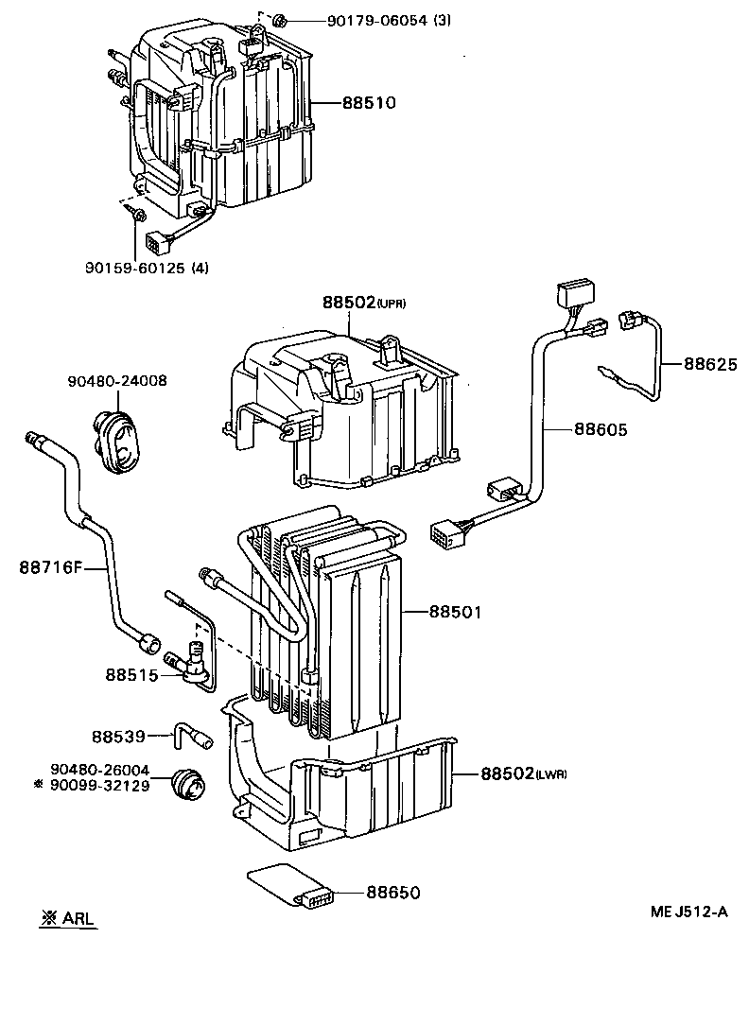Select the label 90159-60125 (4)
point(147,268)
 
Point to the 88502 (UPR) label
point(363,303)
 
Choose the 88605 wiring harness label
point(600,429)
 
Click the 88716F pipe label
point(51,567)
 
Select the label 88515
point(131,674)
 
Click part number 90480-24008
point(117,381)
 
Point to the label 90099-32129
point(100,786)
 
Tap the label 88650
point(393,892)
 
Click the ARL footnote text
point(72,918)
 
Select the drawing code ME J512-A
point(688,912)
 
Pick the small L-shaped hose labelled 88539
point(188,732)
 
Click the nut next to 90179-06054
point(280,21)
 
